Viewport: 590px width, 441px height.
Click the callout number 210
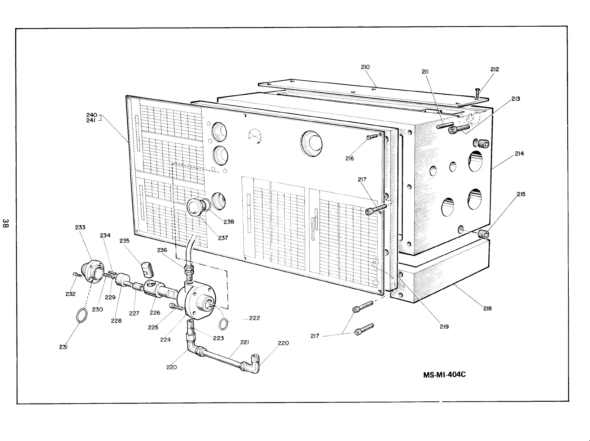click(x=365, y=67)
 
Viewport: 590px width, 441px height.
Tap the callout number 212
click(x=494, y=69)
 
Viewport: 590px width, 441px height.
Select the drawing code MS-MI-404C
click(x=444, y=374)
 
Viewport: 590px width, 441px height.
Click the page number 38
click(x=5, y=223)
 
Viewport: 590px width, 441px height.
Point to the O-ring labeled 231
click(x=82, y=315)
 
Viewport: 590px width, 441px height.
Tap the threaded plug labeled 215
click(x=484, y=234)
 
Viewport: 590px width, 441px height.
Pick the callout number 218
click(x=487, y=309)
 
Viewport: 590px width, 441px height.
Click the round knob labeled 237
click(x=195, y=207)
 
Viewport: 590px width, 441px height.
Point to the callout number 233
click(x=80, y=227)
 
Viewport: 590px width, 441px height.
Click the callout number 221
click(x=245, y=342)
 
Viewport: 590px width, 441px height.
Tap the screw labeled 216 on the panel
click(x=372, y=136)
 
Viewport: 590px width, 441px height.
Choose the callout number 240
click(x=91, y=115)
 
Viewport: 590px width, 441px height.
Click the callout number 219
click(x=444, y=327)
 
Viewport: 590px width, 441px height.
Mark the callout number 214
click(x=519, y=154)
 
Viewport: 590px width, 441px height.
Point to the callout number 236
click(x=162, y=250)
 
